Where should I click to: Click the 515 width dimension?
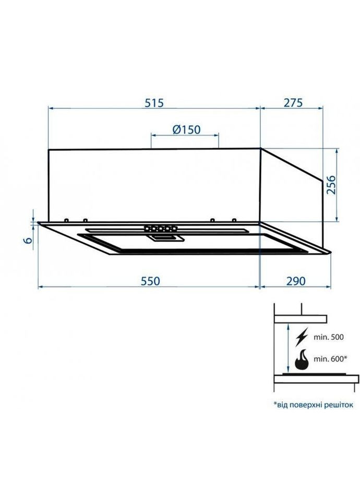click(154, 103)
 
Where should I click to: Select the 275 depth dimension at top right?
click(293, 103)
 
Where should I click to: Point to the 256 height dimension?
click(330, 185)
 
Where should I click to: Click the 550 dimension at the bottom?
click(150, 280)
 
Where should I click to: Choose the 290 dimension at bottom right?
click(295, 280)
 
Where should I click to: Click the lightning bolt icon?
click(302, 338)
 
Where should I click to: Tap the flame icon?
click(302, 361)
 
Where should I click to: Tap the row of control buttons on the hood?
click(160, 228)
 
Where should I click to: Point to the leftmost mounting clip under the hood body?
click(66, 220)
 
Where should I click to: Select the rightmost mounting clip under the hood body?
click(234, 219)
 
